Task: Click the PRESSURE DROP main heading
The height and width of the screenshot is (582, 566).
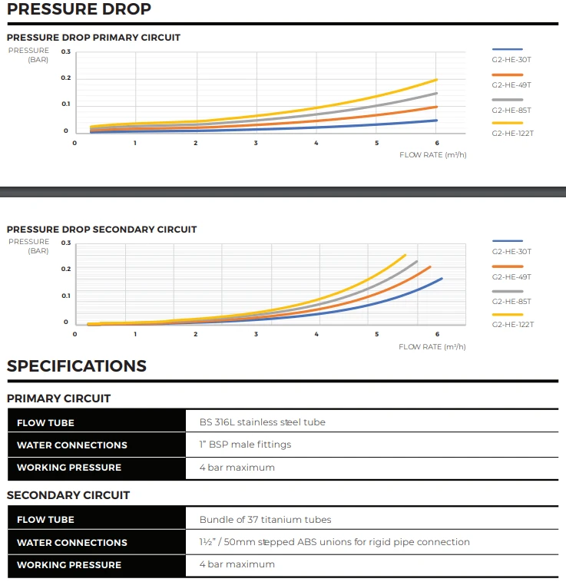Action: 79,10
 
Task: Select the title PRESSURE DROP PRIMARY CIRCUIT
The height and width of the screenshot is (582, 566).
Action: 94,37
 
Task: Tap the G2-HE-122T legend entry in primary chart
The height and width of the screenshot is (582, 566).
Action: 512,133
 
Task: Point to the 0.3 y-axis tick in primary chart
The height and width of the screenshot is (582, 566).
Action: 66,51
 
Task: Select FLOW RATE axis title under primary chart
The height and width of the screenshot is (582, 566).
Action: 432,154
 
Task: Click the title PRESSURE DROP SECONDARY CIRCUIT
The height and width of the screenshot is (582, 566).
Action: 101,229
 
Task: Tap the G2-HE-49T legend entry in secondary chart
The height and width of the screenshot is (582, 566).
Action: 511,276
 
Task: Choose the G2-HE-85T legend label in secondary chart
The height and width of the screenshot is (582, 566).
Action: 511,301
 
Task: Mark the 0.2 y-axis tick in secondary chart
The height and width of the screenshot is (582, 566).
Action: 66,269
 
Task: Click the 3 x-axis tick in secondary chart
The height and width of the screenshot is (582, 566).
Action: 256,334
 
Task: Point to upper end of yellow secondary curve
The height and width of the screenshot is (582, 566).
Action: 405,255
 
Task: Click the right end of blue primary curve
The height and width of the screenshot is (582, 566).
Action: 436,120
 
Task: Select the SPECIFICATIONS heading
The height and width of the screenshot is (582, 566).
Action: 77,366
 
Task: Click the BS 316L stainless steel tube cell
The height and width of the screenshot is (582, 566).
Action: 262,422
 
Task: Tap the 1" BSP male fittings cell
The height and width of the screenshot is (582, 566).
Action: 245,445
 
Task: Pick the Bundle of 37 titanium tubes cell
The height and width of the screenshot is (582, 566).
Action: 265,520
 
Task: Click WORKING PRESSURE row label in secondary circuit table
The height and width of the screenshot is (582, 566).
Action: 69,564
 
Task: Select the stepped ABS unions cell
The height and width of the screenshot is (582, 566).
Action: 334,542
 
